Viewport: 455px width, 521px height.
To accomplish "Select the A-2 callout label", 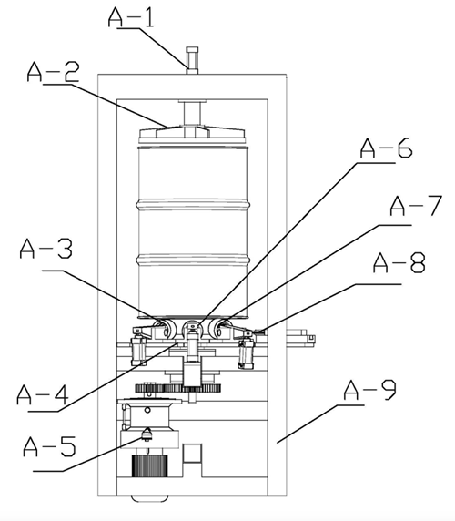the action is pos(53,72).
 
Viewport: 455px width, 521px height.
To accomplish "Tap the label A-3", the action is pos(45,249).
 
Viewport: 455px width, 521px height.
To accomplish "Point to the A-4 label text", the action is pos(43,394).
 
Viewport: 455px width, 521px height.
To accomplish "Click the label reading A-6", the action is pos(387,148).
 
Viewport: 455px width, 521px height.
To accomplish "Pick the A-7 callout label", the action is pos(416,206).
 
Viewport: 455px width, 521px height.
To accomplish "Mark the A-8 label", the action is pos(399,263).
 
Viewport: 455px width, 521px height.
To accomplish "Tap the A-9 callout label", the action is pos(370,390).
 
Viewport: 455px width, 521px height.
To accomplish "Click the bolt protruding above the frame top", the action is pos(192,60).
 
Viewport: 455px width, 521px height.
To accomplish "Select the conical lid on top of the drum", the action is pos(192,134).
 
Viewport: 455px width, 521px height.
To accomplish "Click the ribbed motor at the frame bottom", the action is pos(149,465).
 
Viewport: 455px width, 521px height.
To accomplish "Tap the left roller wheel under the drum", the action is pos(167,328).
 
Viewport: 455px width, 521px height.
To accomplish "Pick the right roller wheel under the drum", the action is pos(219,328).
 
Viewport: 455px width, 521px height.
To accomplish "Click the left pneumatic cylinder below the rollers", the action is pos(138,351).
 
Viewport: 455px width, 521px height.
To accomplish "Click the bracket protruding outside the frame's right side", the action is pos(300,338).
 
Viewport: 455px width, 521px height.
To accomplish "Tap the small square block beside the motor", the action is pos(192,453).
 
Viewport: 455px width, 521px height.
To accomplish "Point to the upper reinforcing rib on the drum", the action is pos(193,205).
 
